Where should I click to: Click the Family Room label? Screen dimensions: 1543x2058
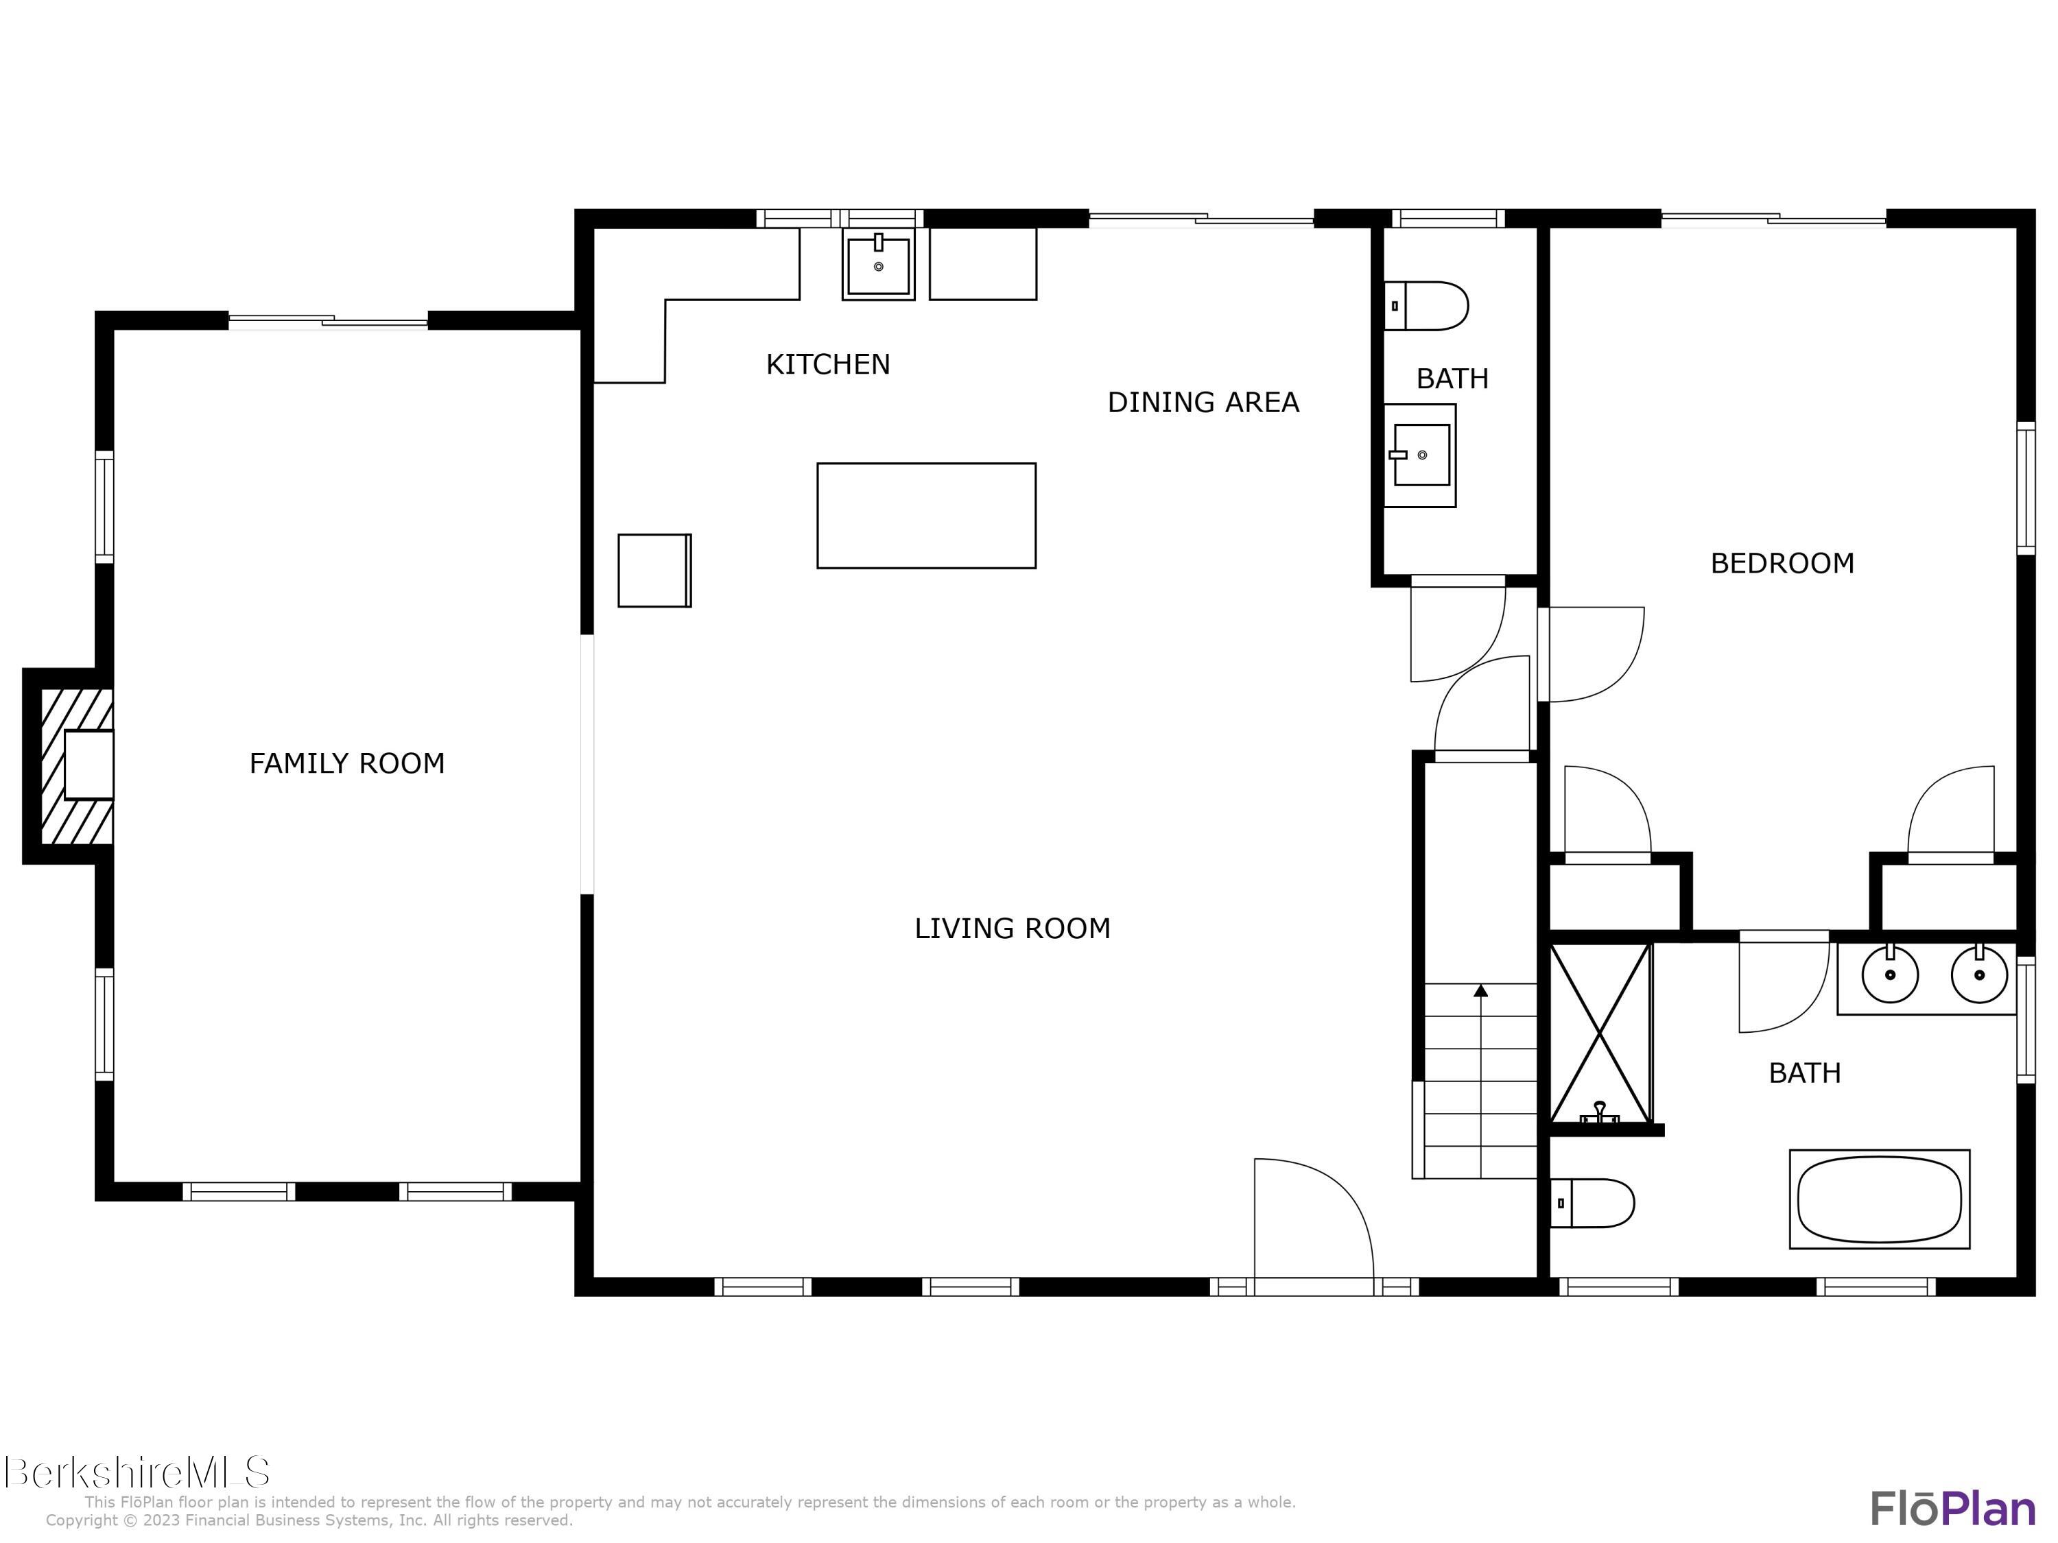[x=346, y=763]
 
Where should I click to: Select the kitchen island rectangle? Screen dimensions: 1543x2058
[x=925, y=515]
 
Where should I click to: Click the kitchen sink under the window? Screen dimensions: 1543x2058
[x=878, y=265]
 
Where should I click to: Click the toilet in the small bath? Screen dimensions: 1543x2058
[x=1429, y=306]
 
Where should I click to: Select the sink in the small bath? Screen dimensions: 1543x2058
[x=1421, y=455]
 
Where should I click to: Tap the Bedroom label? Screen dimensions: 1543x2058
[x=1782, y=564]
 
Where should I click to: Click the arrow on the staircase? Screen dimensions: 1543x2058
[x=1480, y=992]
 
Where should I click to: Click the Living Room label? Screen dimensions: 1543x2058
[x=1013, y=929]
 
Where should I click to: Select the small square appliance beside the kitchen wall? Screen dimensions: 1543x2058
[x=654, y=570]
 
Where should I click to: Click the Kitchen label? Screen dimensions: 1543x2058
[x=827, y=365]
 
